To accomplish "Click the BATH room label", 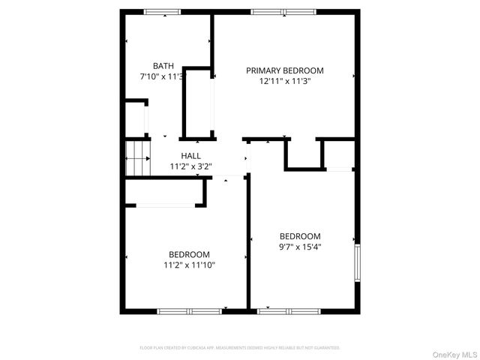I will pos(163,66).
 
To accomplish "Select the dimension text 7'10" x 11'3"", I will pos(163,76).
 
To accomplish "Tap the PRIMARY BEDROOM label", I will pos(284,70).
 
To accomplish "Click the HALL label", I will pos(190,156).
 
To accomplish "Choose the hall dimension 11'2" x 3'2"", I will pos(190,166).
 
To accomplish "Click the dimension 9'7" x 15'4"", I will pos(299,246).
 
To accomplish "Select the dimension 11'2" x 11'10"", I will pos(189,265).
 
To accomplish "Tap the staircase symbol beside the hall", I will pos(136,158).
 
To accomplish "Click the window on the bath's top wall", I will pos(163,11).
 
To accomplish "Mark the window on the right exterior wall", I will pos(358,263).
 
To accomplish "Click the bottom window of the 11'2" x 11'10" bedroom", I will pos(189,310).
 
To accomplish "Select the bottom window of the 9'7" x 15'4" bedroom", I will pos(289,310).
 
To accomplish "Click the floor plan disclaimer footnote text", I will pos(240,348).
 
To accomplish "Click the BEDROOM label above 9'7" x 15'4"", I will pos(299,235).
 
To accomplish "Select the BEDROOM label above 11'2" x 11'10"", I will pos(189,254).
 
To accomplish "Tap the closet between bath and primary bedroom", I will pos(199,103).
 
